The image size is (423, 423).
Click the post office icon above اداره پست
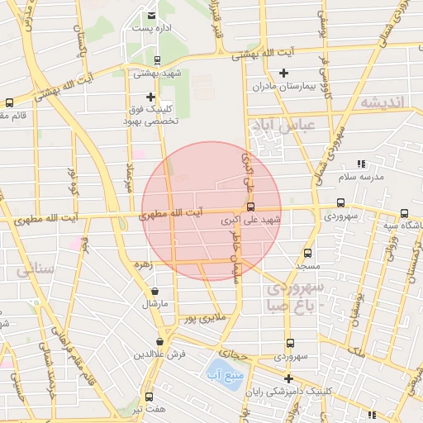150,15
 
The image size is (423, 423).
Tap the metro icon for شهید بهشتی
157,60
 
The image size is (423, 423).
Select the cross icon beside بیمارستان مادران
283,74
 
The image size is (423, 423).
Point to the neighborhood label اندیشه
380,102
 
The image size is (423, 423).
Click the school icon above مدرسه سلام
360,165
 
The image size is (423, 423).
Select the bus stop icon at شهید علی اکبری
250,207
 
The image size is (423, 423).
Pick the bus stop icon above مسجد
308,254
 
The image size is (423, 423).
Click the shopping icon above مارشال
156,292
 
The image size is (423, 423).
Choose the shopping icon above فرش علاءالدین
161,341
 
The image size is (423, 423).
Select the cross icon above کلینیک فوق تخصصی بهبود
150,97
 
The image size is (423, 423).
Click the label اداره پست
150,28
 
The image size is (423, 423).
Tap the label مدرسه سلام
359,178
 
